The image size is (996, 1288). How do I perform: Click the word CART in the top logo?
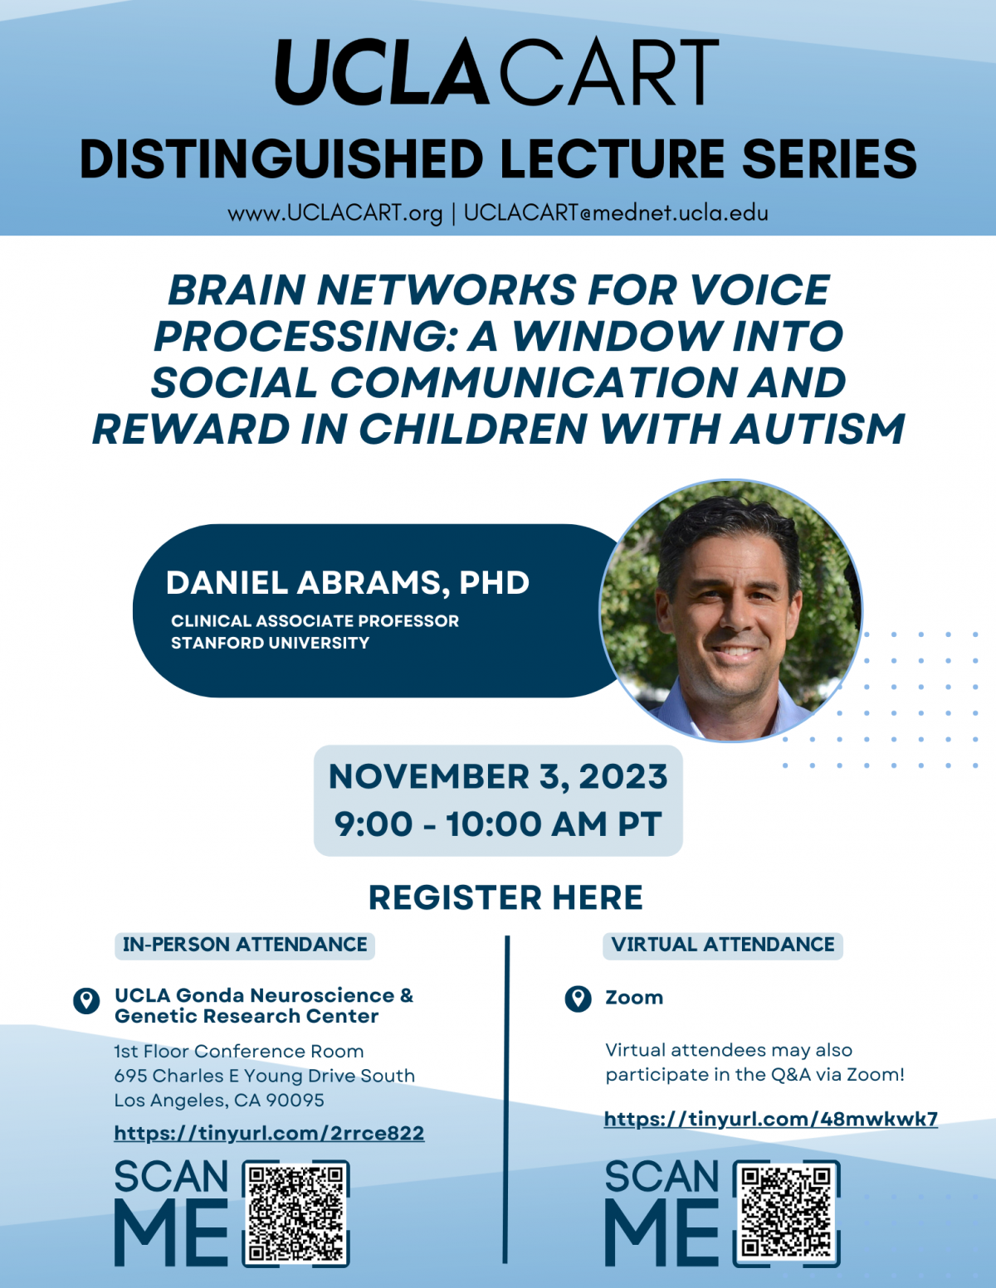pyautogui.click(x=609, y=71)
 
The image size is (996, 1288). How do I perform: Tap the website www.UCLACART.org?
pyautogui.click(x=335, y=213)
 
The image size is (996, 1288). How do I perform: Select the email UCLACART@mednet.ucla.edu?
pyautogui.click(x=616, y=213)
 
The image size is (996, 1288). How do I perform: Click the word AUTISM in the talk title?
pyautogui.click(x=818, y=429)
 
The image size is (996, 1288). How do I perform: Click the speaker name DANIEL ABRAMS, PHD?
pyautogui.click(x=348, y=583)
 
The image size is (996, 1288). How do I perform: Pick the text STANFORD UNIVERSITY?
pyautogui.click(x=270, y=643)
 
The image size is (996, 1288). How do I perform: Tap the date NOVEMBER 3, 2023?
pyautogui.click(x=498, y=776)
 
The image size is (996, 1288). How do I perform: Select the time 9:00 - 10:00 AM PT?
pyautogui.click(x=498, y=824)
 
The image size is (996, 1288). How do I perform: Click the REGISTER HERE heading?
pyautogui.click(x=506, y=897)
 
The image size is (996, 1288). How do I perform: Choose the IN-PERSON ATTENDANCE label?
pyautogui.click(x=245, y=944)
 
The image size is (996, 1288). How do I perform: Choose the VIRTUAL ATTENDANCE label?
pyautogui.click(x=723, y=944)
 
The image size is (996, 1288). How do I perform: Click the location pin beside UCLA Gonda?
pyautogui.click(x=86, y=1000)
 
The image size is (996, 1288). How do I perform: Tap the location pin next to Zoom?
pyautogui.click(x=578, y=999)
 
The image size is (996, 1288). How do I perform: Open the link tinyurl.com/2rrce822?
pyautogui.click(x=269, y=1133)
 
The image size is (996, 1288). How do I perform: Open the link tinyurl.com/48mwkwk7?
pyautogui.click(x=771, y=1119)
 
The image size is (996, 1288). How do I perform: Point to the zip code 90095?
pyautogui.click(x=295, y=1100)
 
